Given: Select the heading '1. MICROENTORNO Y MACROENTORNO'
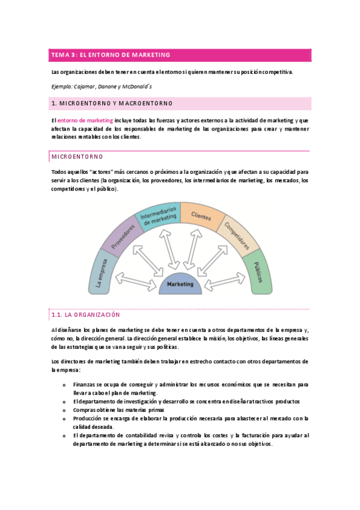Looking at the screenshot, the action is [x=112, y=103].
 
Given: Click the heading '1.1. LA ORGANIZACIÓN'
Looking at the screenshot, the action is [x=87, y=315].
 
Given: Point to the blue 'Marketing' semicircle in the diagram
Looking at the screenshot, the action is [x=180, y=283].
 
